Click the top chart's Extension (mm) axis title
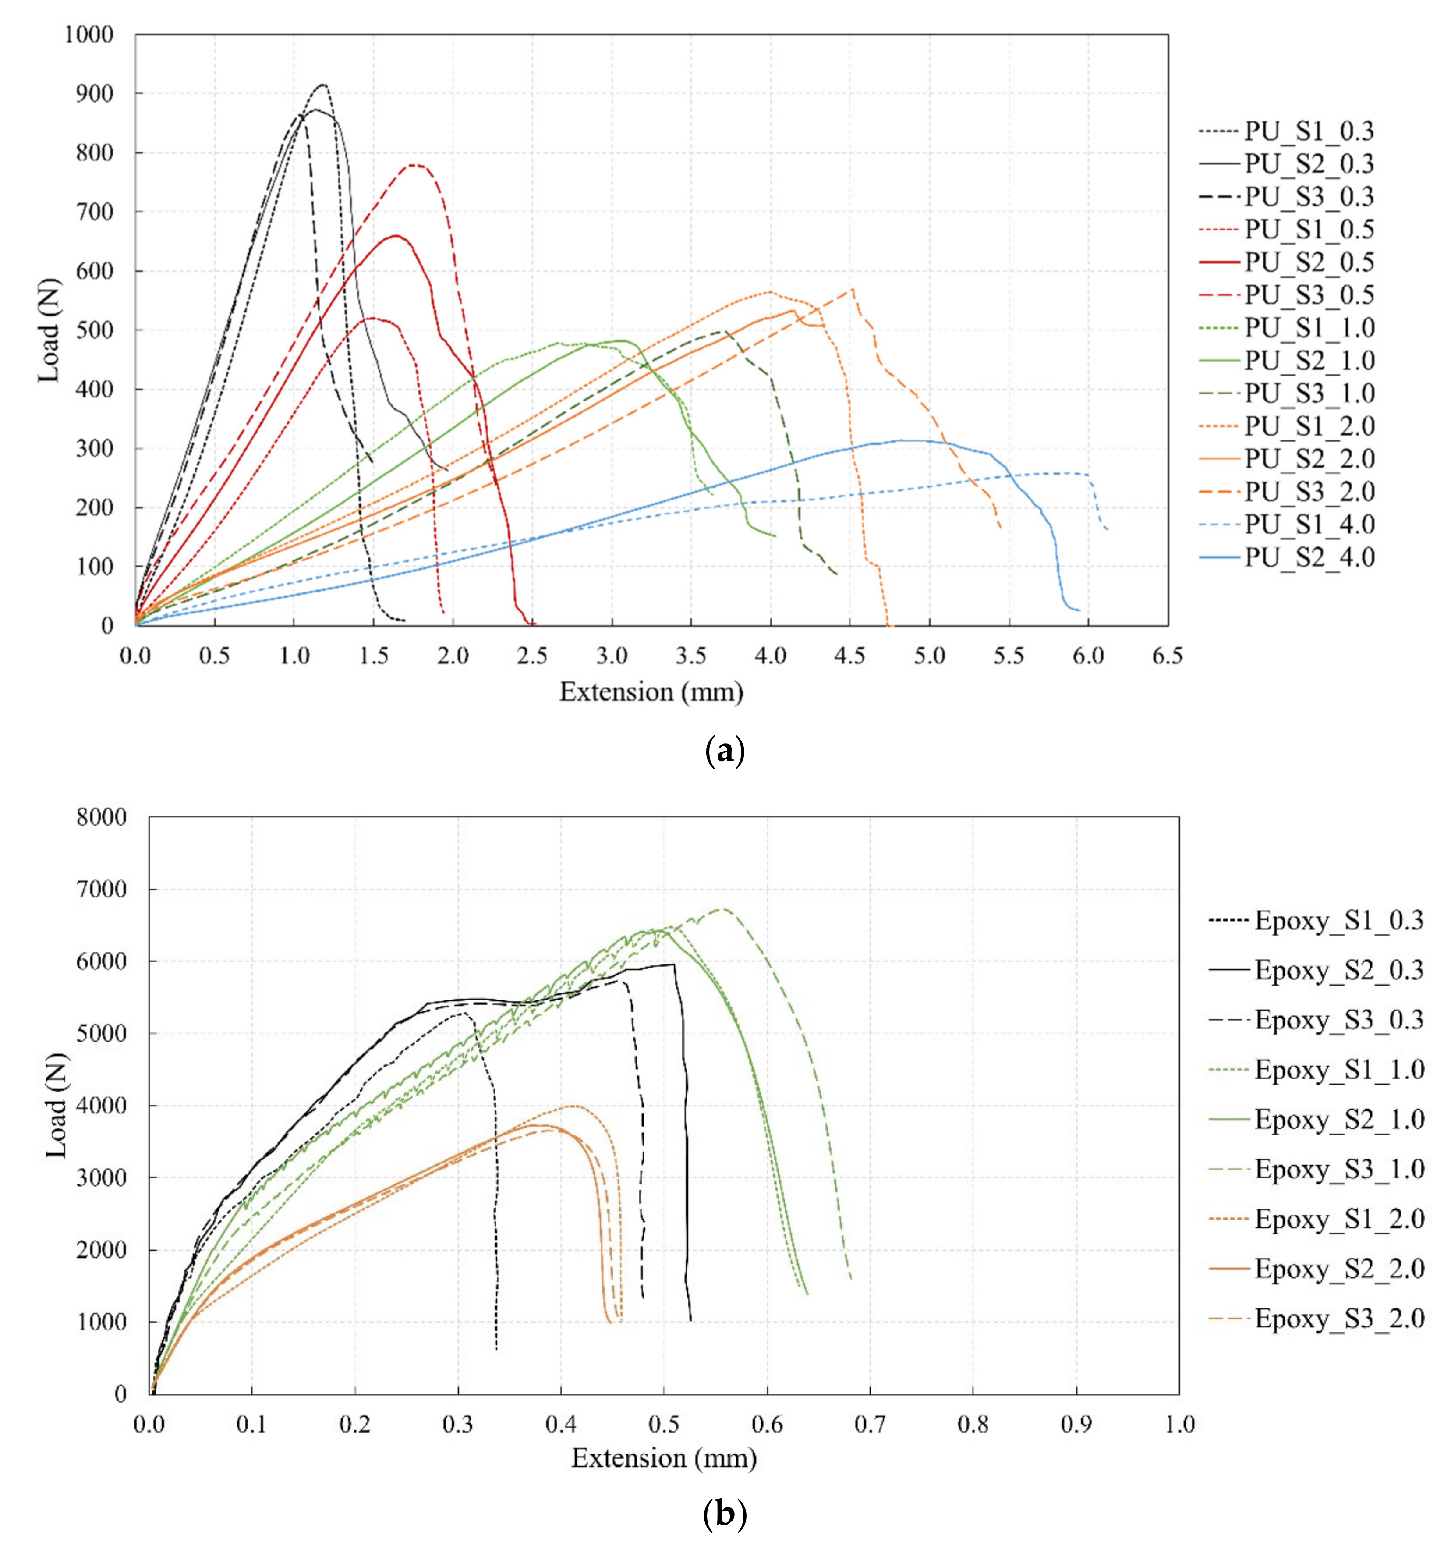[651, 691]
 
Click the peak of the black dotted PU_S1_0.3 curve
[323, 84]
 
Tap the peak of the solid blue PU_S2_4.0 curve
[902, 440]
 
